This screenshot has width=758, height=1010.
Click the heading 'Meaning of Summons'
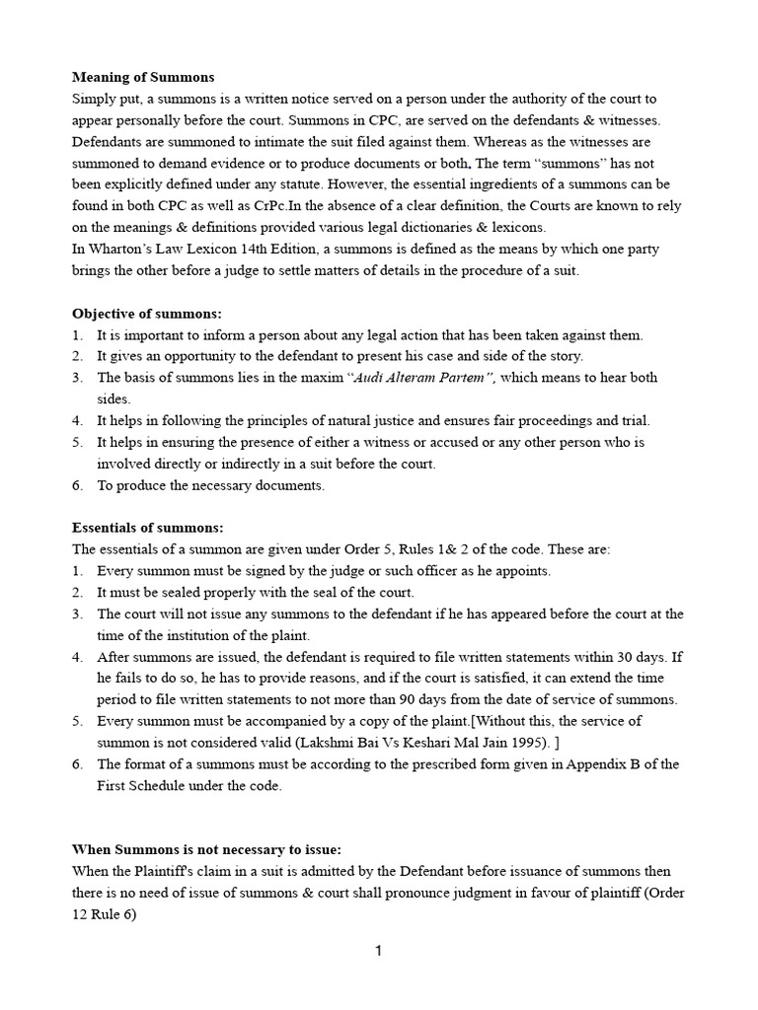(x=143, y=77)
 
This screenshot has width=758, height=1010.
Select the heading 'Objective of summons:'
(x=148, y=314)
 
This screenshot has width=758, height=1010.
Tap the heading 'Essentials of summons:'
(x=148, y=528)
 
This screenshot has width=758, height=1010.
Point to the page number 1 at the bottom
(x=378, y=951)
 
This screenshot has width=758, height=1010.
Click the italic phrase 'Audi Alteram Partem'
(x=430, y=378)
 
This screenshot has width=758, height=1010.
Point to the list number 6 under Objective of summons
(x=77, y=485)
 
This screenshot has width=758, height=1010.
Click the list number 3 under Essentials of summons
(x=77, y=613)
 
